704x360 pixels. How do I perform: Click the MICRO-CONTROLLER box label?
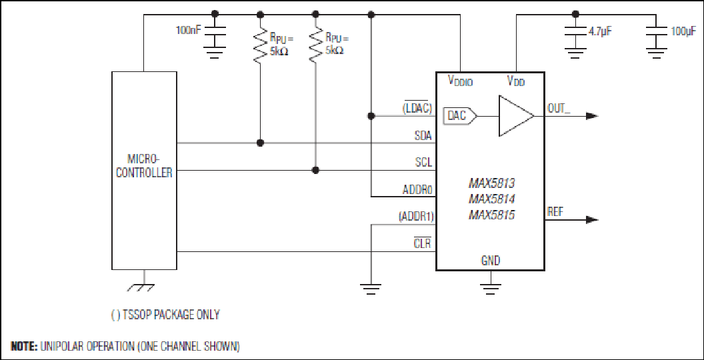coord(144,165)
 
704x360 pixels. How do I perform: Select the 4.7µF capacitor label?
coord(600,31)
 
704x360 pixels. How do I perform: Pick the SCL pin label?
coord(424,162)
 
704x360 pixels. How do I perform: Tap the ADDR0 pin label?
coord(417,189)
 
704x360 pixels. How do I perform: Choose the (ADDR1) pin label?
coord(416,217)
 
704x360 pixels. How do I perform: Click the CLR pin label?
coord(423,244)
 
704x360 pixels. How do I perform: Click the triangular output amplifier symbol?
coord(516,116)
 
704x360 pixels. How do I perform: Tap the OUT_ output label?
coord(559,109)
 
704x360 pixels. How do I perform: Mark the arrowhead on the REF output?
coord(593,220)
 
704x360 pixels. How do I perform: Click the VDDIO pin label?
coord(460,81)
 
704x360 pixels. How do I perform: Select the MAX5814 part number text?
coord(491,199)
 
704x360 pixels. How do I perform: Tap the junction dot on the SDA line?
coord(260,143)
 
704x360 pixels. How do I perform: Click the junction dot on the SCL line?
coord(315,170)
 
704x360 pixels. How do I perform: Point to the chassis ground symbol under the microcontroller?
coord(144,287)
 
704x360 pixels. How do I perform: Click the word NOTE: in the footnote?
coord(25,347)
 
